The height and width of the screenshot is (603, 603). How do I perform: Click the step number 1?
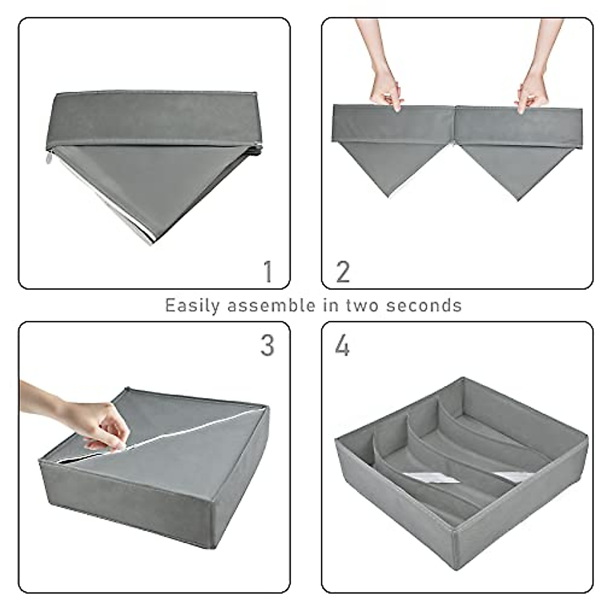pos(268,271)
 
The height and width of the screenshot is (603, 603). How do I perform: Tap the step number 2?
pos(343,271)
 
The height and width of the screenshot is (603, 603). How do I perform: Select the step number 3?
pos(267,346)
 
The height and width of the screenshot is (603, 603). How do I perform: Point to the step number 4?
pos(342,346)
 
